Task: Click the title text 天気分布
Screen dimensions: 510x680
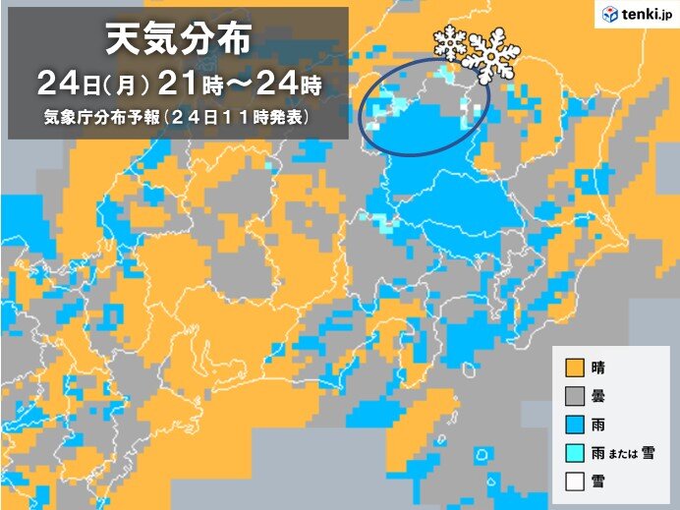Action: [x=178, y=42]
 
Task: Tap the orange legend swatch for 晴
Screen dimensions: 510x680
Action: [x=574, y=369]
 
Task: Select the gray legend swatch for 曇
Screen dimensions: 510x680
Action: [x=574, y=397]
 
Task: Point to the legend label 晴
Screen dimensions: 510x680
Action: [x=598, y=369]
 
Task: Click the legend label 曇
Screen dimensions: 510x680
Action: [x=598, y=397]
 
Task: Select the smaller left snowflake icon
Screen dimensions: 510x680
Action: [x=450, y=45]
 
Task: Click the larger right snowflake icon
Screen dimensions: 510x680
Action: [x=491, y=55]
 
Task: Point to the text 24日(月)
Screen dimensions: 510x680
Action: [x=92, y=82]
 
